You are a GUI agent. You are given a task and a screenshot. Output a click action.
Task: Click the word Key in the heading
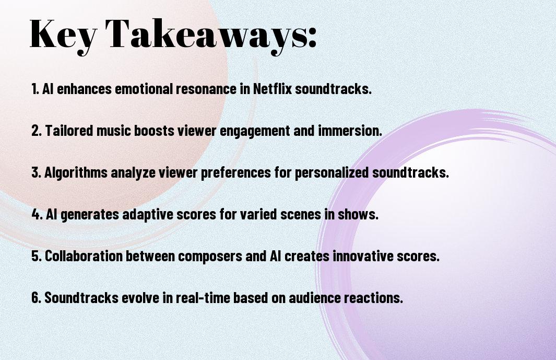pos(63,35)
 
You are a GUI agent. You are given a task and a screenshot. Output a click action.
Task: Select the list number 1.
pos(35,89)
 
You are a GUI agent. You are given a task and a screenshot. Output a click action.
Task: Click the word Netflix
pos(272,89)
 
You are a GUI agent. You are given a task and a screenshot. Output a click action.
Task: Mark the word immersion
pos(350,131)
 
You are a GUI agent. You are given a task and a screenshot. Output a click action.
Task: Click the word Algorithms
pos(76,173)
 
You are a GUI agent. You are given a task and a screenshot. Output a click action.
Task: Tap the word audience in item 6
pos(314,298)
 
